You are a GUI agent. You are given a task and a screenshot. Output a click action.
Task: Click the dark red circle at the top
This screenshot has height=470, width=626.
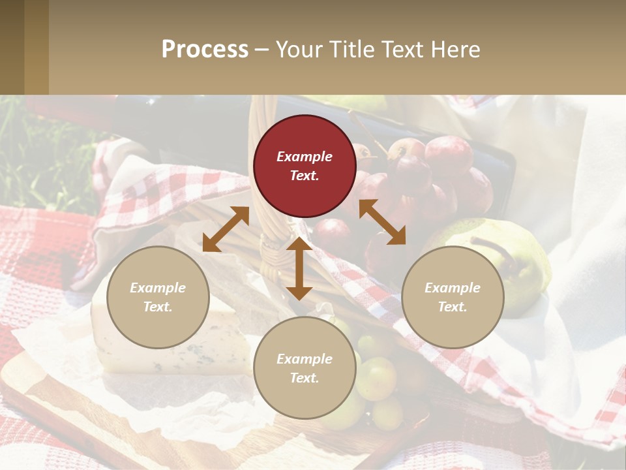[x=305, y=166]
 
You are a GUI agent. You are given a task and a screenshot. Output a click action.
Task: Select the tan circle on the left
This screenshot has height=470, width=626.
[x=158, y=297]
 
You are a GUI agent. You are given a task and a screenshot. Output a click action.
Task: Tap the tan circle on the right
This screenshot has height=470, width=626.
[x=453, y=297]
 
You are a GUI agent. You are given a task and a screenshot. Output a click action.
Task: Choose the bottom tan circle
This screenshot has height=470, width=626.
[x=305, y=368]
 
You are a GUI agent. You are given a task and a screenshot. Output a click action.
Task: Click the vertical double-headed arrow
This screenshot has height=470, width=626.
[x=299, y=268]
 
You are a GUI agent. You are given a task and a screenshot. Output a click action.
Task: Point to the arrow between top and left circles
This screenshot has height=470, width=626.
[x=226, y=229]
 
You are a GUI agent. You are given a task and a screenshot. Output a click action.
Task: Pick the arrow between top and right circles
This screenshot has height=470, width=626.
[x=382, y=222]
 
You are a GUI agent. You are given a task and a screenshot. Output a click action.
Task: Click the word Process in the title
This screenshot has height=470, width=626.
[x=205, y=50]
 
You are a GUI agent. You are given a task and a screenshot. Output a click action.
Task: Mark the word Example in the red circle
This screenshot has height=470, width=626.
[x=305, y=157]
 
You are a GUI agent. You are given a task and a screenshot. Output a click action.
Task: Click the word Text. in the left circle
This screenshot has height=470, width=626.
[x=158, y=307]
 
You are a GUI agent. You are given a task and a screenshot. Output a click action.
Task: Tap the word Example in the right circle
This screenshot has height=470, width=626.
[x=453, y=288]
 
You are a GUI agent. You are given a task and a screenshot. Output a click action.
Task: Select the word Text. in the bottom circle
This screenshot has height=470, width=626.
[x=305, y=378]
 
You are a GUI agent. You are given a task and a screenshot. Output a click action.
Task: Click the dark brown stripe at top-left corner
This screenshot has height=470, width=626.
[x=12, y=47]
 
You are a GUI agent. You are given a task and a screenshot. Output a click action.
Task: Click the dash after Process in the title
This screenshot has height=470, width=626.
[x=261, y=50]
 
